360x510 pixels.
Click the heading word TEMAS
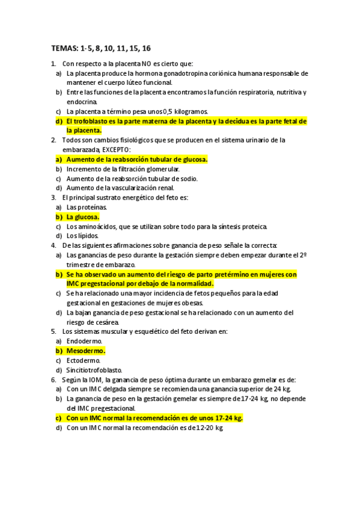[64, 48]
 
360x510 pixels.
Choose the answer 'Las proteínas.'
[87, 207]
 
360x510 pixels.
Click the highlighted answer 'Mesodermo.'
[85, 351]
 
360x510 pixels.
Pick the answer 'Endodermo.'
[84, 341]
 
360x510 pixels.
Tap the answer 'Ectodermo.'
[83, 360]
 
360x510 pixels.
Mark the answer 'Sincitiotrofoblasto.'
[94, 370]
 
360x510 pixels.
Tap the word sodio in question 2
[187, 179]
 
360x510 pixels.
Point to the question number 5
[54, 331]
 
